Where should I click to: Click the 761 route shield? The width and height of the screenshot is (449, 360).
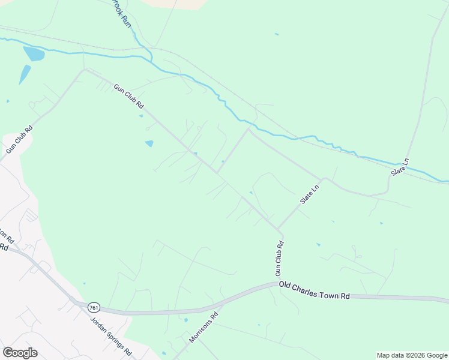(93, 307)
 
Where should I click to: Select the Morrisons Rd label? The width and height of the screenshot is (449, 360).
(203, 328)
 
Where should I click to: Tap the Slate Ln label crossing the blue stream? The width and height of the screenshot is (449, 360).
(399, 167)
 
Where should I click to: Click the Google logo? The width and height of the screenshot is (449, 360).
(20, 353)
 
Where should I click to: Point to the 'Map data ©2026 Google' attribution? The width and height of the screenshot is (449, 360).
(412, 355)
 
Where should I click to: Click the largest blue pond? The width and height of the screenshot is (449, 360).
(34, 55)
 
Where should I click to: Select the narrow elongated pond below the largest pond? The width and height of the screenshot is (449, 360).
(25, 74)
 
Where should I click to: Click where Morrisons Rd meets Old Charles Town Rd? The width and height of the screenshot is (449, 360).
(220, 303)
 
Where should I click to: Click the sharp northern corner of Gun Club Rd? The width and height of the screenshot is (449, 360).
(85, 70)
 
